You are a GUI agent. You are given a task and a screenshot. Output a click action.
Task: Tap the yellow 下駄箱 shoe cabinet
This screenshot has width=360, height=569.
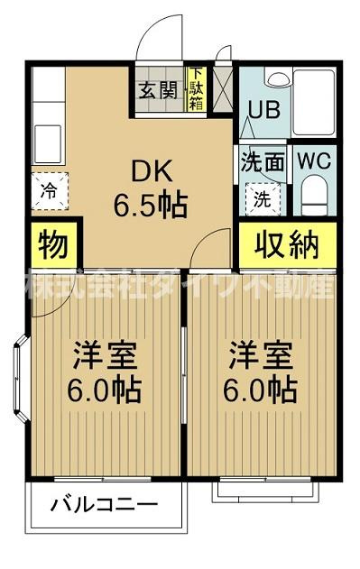tap(195, 90)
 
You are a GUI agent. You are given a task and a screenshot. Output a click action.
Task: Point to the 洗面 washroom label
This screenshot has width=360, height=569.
tap(262, 164)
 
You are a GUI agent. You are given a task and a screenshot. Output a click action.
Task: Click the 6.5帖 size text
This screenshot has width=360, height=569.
tap(150, 205)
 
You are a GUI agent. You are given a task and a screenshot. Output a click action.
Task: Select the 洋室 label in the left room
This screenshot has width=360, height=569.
tap(106, 354)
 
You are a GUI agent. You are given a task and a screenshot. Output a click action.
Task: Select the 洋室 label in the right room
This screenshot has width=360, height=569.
tap(260, 354)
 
